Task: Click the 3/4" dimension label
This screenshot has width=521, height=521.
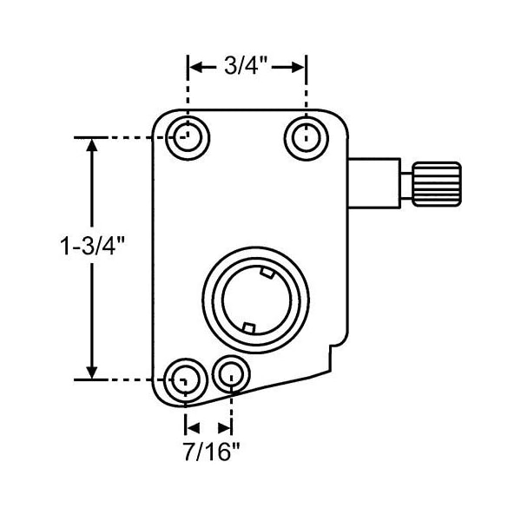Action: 246,66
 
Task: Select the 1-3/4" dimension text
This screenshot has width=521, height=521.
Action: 92,247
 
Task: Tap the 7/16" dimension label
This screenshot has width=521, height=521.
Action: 212,452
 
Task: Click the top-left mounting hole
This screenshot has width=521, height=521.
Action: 188,137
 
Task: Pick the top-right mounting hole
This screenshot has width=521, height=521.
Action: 307,138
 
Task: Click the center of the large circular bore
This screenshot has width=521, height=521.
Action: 255,300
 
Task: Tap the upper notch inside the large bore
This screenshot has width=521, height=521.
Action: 267,273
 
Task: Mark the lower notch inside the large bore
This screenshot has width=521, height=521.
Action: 248,327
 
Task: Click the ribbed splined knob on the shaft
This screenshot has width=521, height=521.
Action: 437,184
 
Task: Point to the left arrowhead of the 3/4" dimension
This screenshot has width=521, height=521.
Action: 196,67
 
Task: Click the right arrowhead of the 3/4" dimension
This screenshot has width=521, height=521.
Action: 298,67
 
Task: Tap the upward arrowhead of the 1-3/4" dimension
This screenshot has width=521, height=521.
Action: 92,145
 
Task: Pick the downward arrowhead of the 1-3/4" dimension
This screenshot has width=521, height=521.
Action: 92,372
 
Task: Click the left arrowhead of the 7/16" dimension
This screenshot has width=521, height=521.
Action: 193,428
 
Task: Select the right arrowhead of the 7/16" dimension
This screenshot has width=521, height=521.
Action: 224,428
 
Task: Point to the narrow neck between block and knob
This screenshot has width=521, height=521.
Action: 406,185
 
